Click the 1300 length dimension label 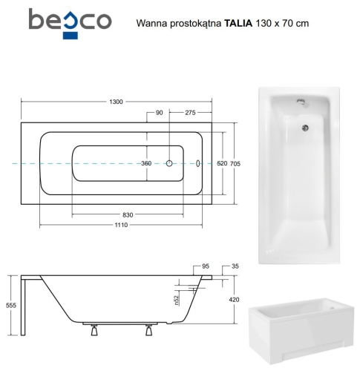coord(116,102)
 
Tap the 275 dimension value coord(190,113)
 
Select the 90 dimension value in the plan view coord(160,113)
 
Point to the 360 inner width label coord(146,163)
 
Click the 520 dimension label coord(222,163)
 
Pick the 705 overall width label coord(235,163)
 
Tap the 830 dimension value coord(128,215)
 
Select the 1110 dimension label coord(121,225)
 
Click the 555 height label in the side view coord(11,305)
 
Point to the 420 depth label coord(234,300)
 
